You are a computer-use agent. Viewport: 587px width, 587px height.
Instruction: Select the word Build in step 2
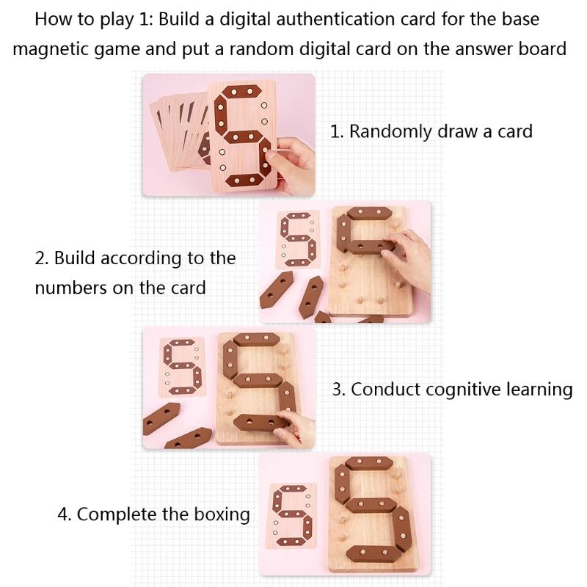point(76,258)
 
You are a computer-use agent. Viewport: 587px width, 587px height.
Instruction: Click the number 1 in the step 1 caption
point(335,132)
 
